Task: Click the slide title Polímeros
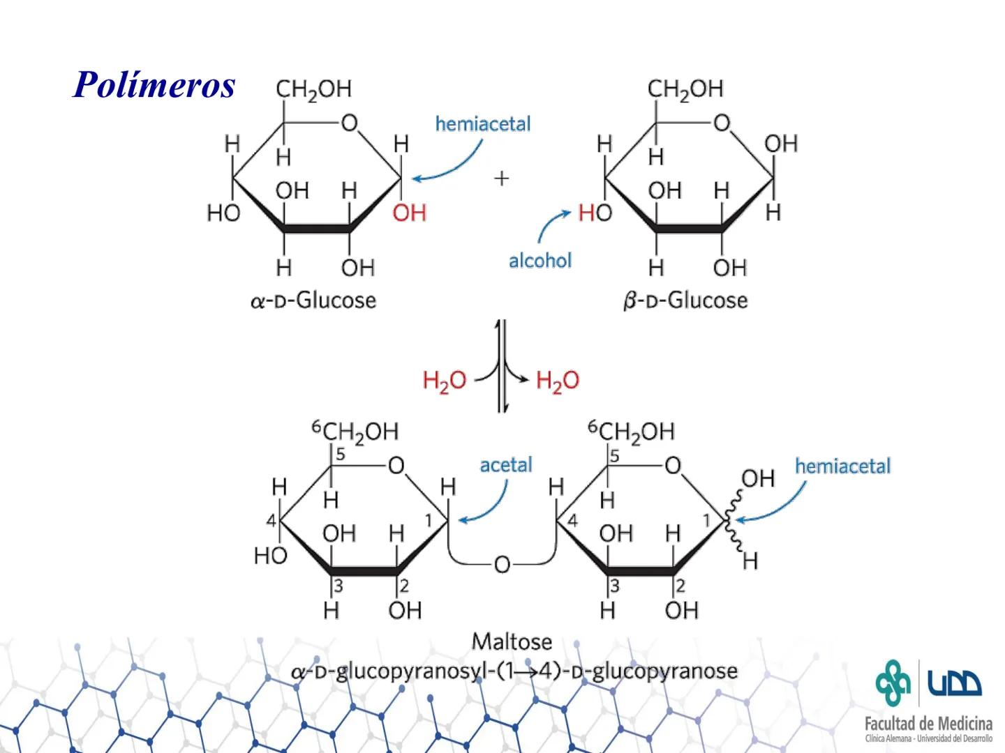coord(154,85)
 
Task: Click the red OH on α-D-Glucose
coord(409,213)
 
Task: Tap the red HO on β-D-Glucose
coord(595,213)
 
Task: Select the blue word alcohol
coord(540,261)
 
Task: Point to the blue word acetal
coord(506,465)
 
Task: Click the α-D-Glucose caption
coord(313,301)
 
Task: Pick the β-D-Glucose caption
coord(685,301)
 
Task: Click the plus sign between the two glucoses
coord(501,179)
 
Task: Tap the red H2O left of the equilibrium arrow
coord(445,381)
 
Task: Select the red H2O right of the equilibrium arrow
coord(558,381)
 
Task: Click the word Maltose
coord(512,641)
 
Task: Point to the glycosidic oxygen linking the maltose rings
coord(502,564)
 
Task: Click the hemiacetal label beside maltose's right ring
coord(842,466)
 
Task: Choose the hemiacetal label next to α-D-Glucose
coord(483,124)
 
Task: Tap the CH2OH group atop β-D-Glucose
coord(685,89)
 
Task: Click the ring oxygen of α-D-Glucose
coord(349,124)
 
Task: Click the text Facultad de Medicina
coord(928,723)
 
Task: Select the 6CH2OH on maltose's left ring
coord(355,432)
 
